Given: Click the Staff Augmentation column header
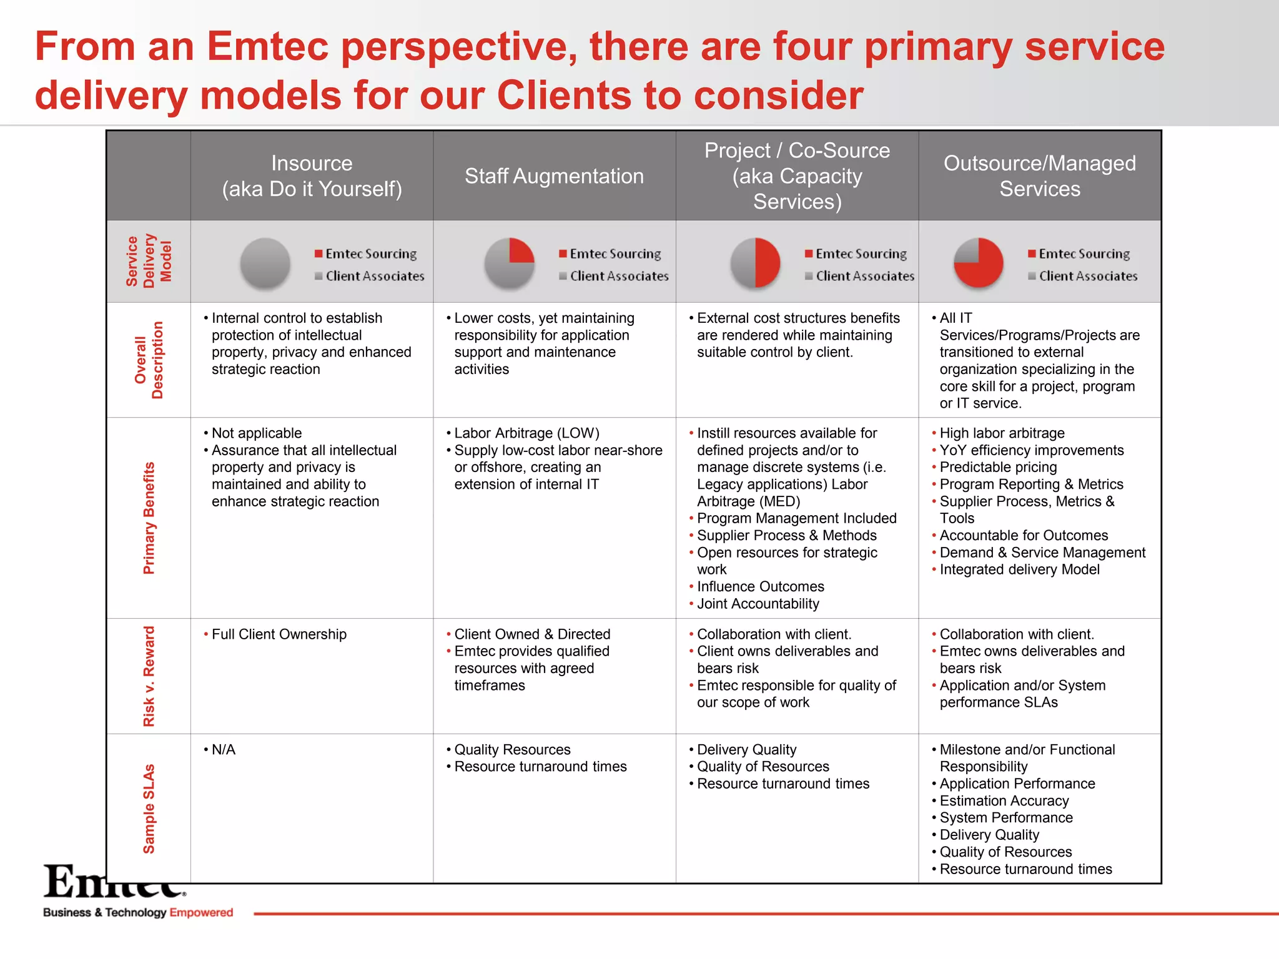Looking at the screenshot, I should point(554,176).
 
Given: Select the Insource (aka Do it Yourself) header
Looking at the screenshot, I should point(312,176).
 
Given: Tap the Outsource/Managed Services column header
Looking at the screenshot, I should point(1039,176).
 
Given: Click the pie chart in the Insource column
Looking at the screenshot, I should point(265,263).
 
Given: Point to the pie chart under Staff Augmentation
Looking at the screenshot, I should point(510,263).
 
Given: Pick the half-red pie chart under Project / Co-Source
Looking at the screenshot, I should point(756,263).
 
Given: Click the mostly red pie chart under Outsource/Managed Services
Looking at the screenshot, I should point(979,263).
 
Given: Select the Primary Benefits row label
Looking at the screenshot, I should point(149,518).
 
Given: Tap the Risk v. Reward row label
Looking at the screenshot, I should point(149,676).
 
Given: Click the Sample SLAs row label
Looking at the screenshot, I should point(149,809).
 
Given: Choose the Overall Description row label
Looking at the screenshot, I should point(149,360).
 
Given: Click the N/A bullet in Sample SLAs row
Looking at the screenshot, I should point(223,750).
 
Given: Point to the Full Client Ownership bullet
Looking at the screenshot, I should point(279,634).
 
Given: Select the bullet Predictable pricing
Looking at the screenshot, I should point(998,467).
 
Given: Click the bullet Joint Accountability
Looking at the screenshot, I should point(758,604).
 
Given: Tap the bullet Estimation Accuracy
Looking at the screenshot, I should point(1004,801).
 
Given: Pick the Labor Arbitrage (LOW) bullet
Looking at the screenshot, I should point(526,433).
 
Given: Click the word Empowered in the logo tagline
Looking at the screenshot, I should point(201,912).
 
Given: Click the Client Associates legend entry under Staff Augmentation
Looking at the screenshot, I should point(618,276).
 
